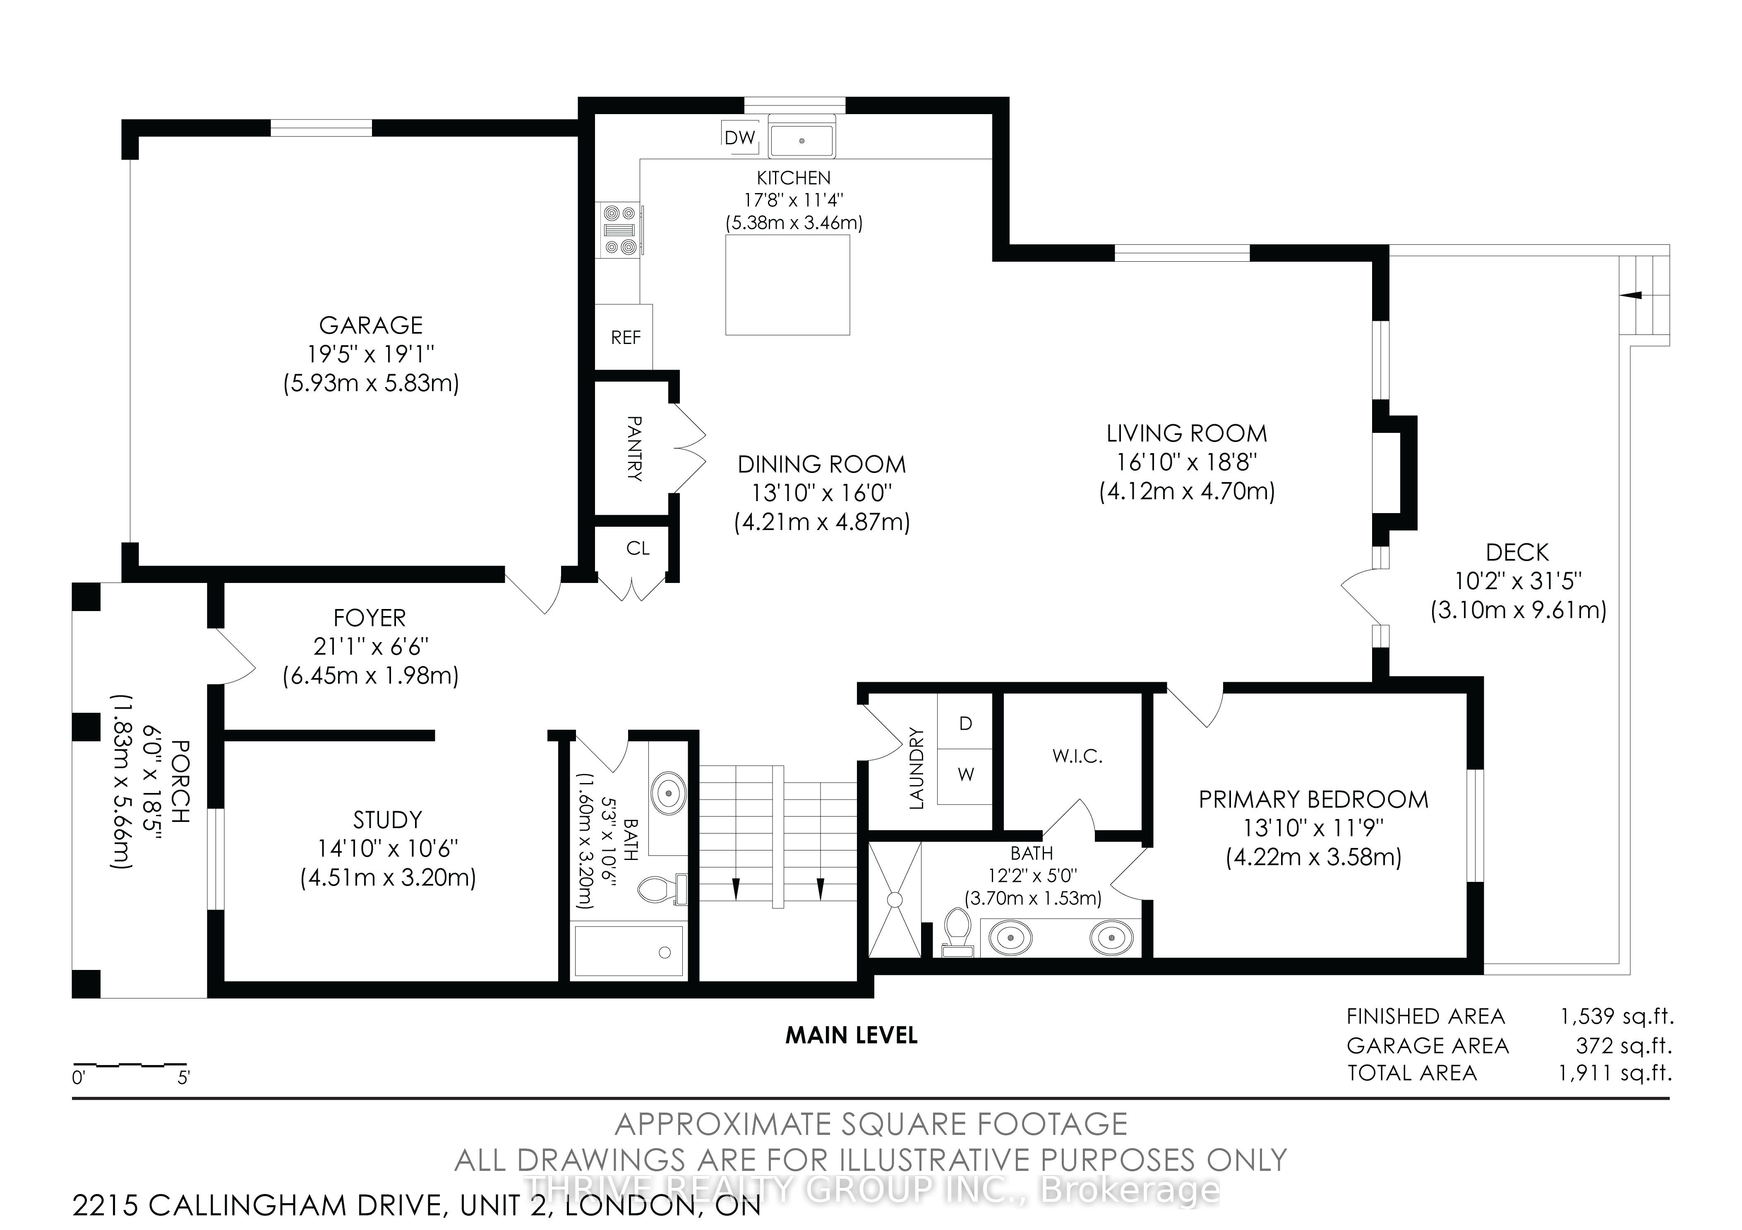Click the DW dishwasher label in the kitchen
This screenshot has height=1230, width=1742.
point(740,137)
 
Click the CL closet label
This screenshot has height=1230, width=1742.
point(638,548)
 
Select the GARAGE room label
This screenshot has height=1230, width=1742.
point(371,325)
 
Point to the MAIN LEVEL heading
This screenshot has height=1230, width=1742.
point(851,1035)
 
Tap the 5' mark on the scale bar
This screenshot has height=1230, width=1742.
point(184,1077)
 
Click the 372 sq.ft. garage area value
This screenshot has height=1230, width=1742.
point(1624,1046)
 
